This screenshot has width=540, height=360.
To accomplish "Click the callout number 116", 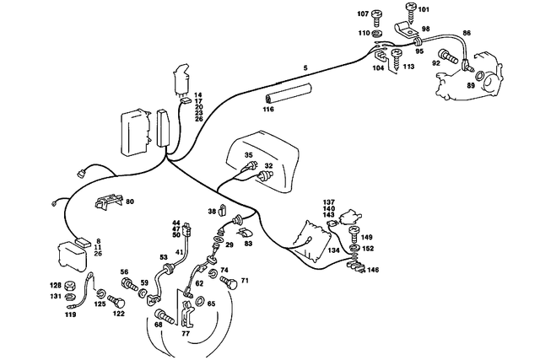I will click(268, 109).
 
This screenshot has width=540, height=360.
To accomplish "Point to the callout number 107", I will click(363, 13).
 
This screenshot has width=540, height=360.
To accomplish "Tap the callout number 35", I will click(249, 156).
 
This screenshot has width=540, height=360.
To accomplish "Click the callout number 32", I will click(268, 166).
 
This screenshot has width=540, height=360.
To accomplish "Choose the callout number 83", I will click(248, 244).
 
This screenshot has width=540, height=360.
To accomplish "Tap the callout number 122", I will click(119, 314).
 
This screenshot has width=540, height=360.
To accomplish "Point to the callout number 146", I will click(372, 271).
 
